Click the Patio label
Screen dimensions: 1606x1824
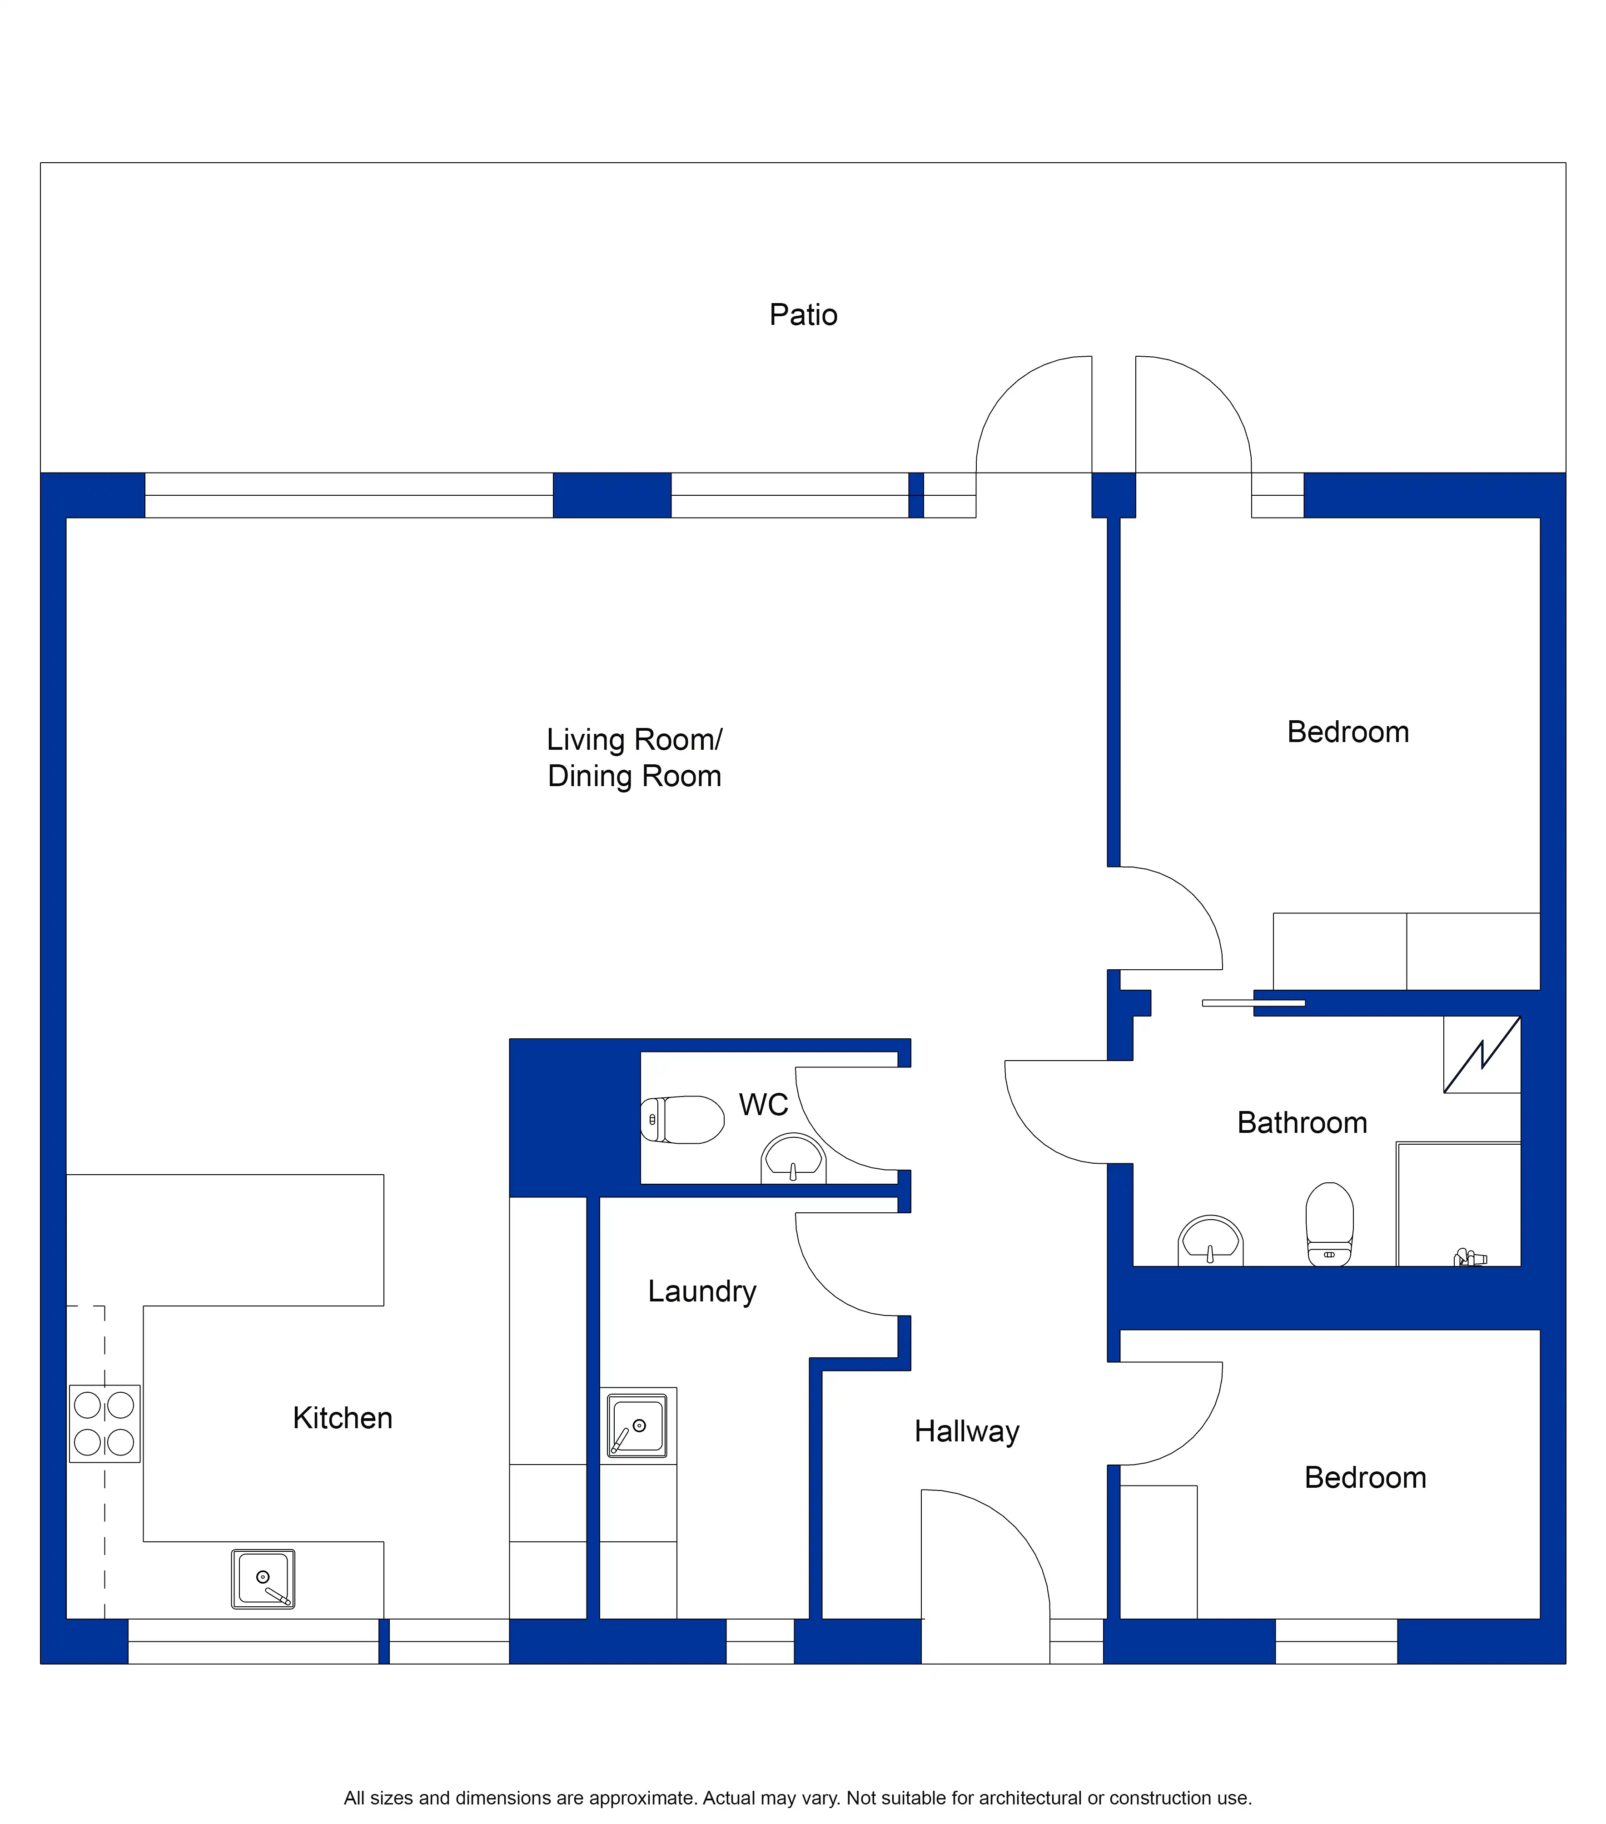point(803,315)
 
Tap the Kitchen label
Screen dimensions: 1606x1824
point(343,1418)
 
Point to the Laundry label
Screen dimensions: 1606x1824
point(702,1291)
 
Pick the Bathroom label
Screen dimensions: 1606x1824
point(1302,1122)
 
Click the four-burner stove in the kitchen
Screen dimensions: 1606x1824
point(104,1423)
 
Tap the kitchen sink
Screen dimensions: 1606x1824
point(263,1579)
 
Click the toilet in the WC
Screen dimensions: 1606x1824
point(681,1119)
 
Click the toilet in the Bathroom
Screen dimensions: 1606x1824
point(1329,1223)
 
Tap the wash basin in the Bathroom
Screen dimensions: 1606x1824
point(1211,1241)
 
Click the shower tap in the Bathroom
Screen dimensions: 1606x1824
point(1470,1258)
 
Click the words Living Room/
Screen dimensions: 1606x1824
point(634,740)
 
